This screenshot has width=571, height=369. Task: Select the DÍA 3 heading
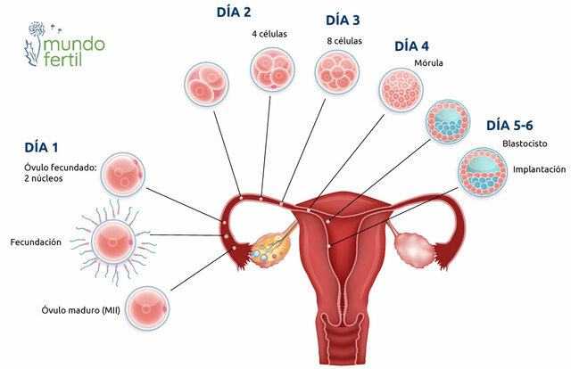(x=344, y=20)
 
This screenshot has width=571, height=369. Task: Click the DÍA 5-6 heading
(x=510, y=125)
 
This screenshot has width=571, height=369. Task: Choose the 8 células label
(x=343, y=41)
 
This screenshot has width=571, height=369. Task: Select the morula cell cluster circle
(x=399, y=89)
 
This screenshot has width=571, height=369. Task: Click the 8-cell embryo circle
(x=335, y=71)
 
